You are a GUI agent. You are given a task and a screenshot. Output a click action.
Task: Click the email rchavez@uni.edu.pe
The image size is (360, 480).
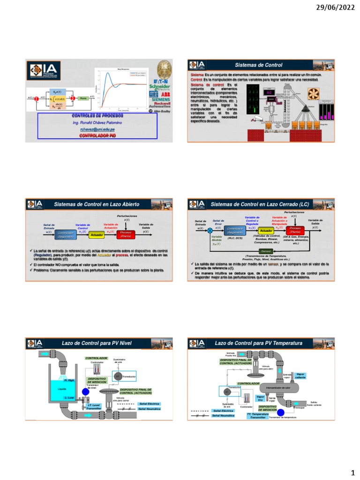pyautogui.click(x=97, y=129)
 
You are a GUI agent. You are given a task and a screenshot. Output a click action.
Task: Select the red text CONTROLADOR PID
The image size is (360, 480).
pyautogui.click(x=97, y=135)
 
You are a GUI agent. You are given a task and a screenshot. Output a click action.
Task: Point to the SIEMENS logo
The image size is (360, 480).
pyautogui.click(x=159, y=100)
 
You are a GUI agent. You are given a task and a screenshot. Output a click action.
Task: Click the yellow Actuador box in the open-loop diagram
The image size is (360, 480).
pyautogui.click(x=97, y=234)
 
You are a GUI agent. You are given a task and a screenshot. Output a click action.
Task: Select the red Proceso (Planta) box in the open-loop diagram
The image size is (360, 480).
pyautogui.click(x=126, y=234)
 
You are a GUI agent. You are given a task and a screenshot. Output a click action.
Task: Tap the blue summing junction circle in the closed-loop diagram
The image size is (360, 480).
pyautogui.click(x=210, y=231)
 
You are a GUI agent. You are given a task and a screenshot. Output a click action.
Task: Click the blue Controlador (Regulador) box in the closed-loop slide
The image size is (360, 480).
pyautogui.click(x=234, y=230)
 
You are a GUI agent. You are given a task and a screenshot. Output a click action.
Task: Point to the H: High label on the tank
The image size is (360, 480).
pyautogui.click(x=69, y=380)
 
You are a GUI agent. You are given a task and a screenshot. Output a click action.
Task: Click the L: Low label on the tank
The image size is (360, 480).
pyautogui.click(x=69, y=397)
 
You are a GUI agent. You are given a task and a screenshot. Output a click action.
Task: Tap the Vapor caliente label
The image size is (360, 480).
pyautogui.click(x=300, y=375)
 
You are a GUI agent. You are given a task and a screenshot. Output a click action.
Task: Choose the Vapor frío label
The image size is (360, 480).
pyautogui.click(x=261, y=398)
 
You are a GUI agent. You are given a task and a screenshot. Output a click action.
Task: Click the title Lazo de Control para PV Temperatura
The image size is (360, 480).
pyautogui.click(x=258, y=344)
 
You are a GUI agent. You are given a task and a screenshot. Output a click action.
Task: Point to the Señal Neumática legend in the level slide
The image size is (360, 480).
pyautogui.click(x=150, y=409)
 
